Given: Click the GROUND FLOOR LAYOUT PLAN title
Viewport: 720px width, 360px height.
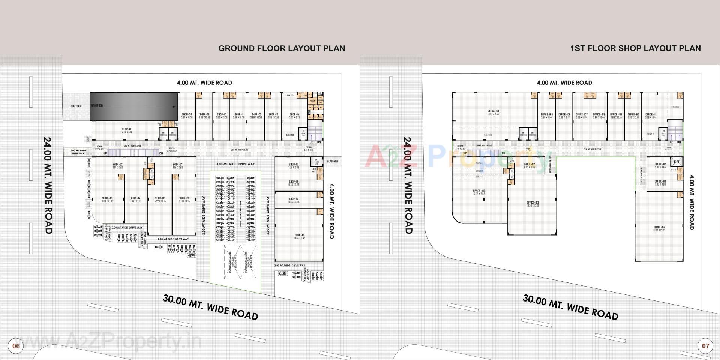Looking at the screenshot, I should tap(282, 48).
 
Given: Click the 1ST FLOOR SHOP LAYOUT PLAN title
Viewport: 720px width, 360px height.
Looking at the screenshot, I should tap(635, 48).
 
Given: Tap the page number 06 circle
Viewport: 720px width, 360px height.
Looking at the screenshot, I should tap(16, 346).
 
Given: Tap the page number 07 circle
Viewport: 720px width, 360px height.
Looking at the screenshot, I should tap(705, 346).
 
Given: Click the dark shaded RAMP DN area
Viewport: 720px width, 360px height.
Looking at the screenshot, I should tap(133, 106).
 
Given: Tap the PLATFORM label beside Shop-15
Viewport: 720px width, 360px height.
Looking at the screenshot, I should tap(332, 162).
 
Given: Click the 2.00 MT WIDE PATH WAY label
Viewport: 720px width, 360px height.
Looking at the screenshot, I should tap(78, 152).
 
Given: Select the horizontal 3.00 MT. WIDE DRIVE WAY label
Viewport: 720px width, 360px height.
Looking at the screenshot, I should tap(235, 164).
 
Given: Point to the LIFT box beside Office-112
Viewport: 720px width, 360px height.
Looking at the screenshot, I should tap(676, 162).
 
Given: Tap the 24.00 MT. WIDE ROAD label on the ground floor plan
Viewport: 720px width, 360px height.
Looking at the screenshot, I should tap(48, 185).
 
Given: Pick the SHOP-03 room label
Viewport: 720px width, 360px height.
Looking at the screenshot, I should tap(107, 199).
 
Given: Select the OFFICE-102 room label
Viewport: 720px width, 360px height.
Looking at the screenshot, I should tap(478, 192).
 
